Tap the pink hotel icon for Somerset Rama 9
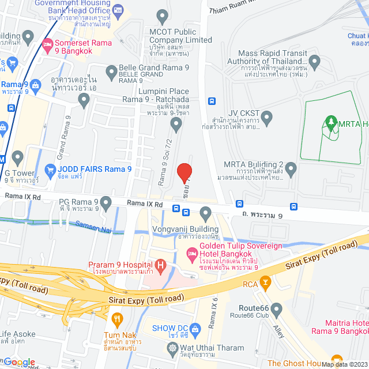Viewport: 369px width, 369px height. pos(48,43)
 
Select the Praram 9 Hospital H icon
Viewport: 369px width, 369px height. pos(161,266)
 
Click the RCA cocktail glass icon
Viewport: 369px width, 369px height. pos(265,282)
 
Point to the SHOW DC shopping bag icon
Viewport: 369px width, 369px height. pos(195,328)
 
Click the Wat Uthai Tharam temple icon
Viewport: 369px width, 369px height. pos(172,348)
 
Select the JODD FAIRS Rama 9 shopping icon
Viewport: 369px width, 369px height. pos(50,171)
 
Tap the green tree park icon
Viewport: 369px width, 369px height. pos(330,122)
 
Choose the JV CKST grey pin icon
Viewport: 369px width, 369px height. pos(266,119)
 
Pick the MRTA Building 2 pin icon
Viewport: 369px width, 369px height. pos(291,170)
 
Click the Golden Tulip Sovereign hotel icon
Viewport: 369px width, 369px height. pos(191,253)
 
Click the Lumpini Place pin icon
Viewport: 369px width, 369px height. pos(176,123)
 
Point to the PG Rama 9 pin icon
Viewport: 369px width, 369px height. pos(106,202)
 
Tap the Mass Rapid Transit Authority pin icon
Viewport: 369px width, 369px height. pos(314,62)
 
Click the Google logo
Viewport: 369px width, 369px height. pos(19,362)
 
